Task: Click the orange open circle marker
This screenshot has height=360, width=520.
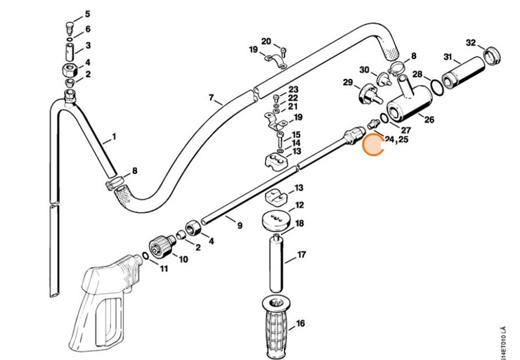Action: pos(375,145)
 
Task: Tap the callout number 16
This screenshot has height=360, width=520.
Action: pos(300,324)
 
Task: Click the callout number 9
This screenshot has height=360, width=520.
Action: pos(239,226)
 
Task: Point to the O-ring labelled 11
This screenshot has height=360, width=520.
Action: pos(144,255)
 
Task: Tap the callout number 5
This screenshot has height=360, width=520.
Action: pos(88,13)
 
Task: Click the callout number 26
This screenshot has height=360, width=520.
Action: pos(429,120)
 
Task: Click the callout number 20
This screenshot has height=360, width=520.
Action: pos(266,41)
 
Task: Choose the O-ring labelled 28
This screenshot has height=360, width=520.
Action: pos(436,88)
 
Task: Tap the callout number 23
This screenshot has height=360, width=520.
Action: pos(294,89)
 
